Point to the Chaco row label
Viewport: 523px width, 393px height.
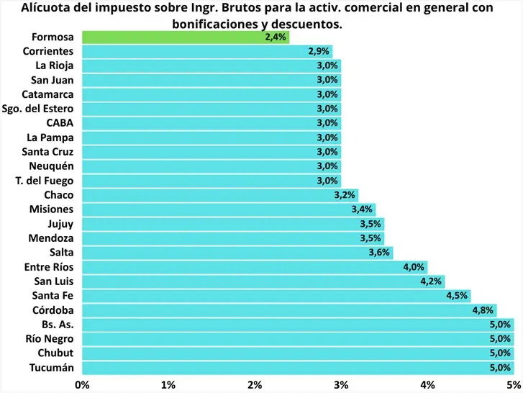[x=58, y=195]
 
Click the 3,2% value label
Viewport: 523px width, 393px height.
[x=345, y=195]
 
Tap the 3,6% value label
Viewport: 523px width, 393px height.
[x=379, y=253]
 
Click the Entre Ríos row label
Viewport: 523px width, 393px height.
[x=48, y=267]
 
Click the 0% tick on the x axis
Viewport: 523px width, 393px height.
[x=82, y=384]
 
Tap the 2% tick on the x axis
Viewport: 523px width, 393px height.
[x=255, y=384]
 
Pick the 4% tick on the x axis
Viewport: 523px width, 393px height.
[x=427, y=384]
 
